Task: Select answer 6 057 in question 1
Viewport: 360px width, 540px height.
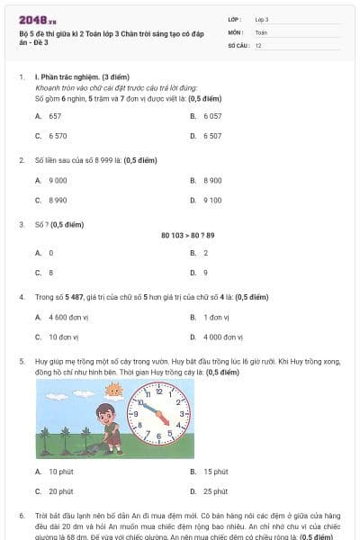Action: [x=212, y=116]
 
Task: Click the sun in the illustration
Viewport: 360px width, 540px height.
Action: [x=113, y=391]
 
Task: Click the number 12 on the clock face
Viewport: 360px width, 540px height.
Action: [x=159, y=391]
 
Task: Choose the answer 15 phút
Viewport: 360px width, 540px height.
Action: [x=215, y=472]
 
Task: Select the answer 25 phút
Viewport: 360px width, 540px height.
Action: [x=215, y=491]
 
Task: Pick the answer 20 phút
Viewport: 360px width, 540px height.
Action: [x=60, y=491]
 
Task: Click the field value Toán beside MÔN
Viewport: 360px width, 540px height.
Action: [x=261, y=31]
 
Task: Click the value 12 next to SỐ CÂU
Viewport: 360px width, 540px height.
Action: [x=259, y=45]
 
